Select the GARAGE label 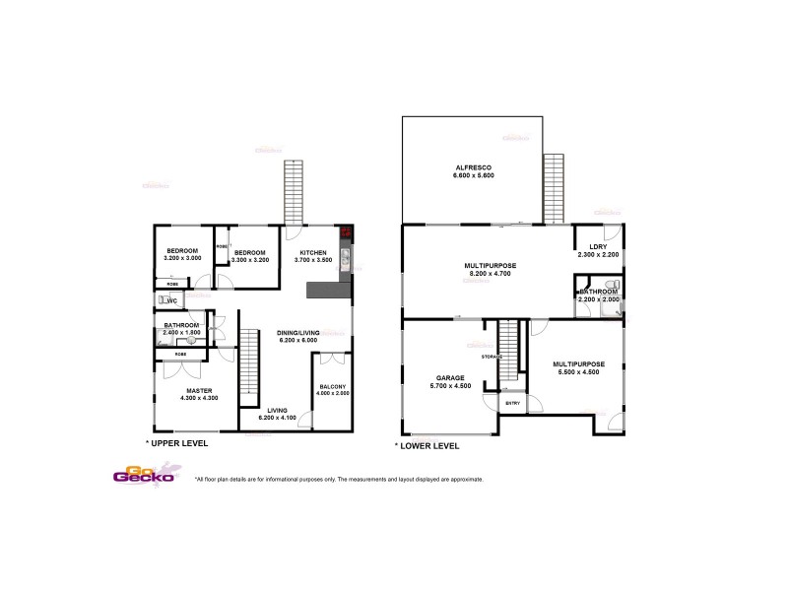[x=449, y=377]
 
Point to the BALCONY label [x=333, y=387]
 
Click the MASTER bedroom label [x=200, y=390]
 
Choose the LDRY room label [x=597, y=247]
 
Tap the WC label [x=170, y=300]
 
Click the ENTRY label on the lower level [x=511, y=403]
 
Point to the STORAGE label [x=492, y=356]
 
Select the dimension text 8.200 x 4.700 [x=491, y=273]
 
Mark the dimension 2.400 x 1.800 [x=182, y=333]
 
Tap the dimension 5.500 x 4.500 [x=579, y=371]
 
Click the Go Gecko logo [x=144, y=475]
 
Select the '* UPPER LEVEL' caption [x=176, y=444]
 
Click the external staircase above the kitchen [x=293, y=192]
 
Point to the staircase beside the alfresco [x=555, y=188]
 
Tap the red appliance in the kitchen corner [x=346, y=232]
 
